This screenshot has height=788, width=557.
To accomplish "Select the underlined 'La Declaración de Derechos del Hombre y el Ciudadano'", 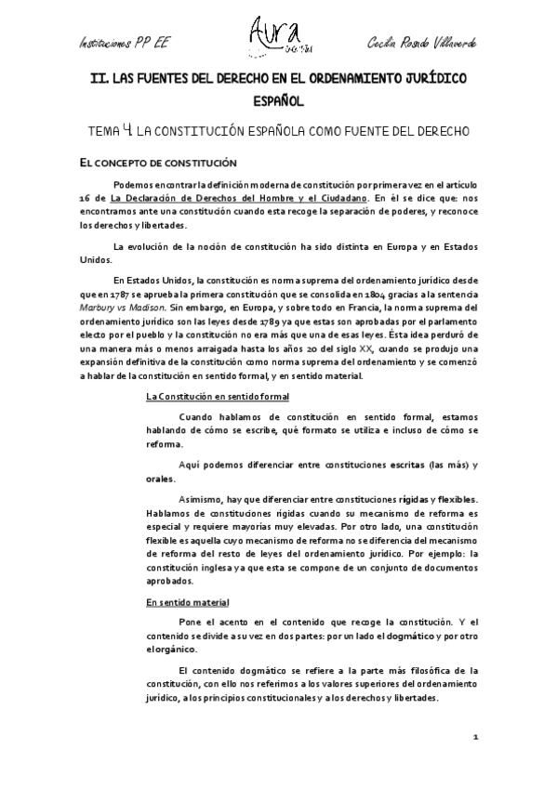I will tap(238, 198).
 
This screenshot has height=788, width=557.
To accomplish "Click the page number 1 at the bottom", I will tap(474, 737).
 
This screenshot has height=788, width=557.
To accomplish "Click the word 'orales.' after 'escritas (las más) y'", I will tap(161, 479).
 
